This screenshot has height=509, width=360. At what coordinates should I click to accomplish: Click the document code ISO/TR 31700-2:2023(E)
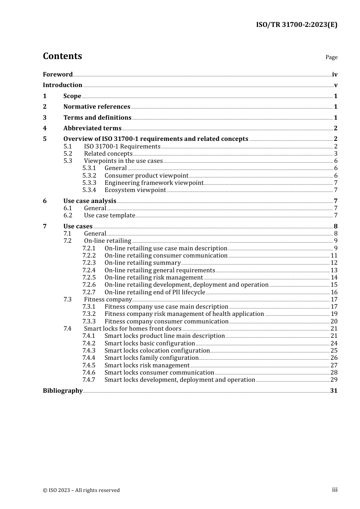pos(296,25)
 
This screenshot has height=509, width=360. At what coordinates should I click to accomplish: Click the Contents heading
pos(62,56)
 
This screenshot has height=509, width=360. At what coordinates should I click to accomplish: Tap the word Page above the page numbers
pos(331,57)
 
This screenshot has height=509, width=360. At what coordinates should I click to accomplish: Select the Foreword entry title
pos(58,74)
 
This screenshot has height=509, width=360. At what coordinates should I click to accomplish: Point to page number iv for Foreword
pos(335,75)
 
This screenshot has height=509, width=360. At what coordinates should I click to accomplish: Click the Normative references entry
pos(97,107)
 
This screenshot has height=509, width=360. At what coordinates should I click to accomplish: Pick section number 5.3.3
pos(89,183)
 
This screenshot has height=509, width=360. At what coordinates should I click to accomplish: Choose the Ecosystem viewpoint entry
pos(135,190)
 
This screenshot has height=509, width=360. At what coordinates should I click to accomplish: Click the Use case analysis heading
pos(89,201)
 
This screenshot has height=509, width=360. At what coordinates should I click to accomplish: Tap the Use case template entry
pos(110,215)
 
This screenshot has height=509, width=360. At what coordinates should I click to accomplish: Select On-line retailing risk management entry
pos(153,278)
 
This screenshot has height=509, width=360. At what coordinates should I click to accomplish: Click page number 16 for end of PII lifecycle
pos(334,292)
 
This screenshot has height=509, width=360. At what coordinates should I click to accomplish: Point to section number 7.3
pos(67,300)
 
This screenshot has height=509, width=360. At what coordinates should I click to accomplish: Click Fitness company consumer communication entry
pos(166,322)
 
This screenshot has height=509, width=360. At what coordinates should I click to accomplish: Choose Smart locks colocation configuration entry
pos(157,351)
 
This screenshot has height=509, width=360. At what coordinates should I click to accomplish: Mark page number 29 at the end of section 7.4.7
pos(334,380)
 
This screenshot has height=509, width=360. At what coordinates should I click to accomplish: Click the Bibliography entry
pos(63,391)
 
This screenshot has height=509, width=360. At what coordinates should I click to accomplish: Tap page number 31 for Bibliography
pos(334,391)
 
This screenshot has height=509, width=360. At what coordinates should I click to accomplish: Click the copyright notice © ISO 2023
pos(81,490)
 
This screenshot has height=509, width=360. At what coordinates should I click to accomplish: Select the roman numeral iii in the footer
pos(335,490)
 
